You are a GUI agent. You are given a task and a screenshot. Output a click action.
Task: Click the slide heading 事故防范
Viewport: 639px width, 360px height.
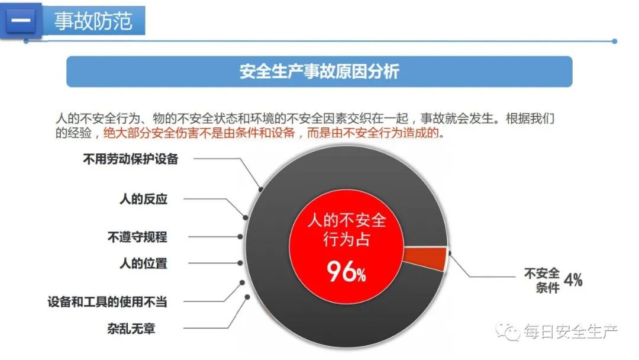[x=92, y=21]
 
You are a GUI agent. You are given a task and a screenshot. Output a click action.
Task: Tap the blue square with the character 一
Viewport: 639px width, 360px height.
[x=21, y=21]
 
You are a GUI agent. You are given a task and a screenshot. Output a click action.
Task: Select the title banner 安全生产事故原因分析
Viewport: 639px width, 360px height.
[x=319, y=72]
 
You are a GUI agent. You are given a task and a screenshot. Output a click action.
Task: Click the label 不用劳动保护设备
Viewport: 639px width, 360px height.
[x=130, y=159]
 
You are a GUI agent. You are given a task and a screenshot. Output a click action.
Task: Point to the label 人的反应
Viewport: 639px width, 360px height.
[x=143, y=199]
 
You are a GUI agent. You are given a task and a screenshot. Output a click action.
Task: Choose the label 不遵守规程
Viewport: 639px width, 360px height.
[x=137, y=237]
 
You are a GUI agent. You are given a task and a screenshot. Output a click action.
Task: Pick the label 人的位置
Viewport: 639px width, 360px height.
[x=143, y=263]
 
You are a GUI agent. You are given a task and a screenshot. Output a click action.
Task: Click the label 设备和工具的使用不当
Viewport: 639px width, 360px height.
[x=107, y=301]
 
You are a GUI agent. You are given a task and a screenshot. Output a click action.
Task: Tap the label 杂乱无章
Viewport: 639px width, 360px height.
[x=131, y=327]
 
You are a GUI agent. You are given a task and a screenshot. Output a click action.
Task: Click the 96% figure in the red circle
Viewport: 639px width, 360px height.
[x=346, y=272]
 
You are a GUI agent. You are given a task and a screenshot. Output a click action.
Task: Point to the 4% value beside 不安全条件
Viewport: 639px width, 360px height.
[x=573, y=279]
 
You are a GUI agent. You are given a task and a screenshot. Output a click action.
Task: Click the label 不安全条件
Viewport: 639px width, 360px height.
[x=541, y=280]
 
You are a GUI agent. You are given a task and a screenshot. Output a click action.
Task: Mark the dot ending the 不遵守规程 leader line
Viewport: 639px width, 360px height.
[x=240, y=236]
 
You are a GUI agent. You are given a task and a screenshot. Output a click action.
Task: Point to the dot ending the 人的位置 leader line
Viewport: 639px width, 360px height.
[x=240, y=263]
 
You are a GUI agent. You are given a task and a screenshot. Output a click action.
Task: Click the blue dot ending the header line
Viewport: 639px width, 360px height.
[x=614, y=41]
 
